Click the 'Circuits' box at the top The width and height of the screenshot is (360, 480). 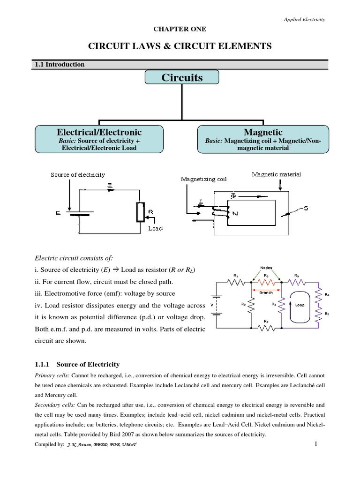182,78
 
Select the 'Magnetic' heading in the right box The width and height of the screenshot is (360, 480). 263,132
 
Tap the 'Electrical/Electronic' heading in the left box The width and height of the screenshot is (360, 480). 99,132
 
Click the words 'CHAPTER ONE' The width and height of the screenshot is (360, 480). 180,29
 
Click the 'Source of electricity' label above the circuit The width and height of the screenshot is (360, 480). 78,175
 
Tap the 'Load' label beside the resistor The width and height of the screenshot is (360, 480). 155,228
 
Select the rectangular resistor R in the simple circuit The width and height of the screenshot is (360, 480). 140,212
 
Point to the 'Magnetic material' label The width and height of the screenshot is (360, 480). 277,174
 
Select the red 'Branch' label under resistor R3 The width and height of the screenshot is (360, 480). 266,291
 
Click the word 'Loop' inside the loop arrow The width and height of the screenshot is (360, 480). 300,304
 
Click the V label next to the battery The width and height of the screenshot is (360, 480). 213,304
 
